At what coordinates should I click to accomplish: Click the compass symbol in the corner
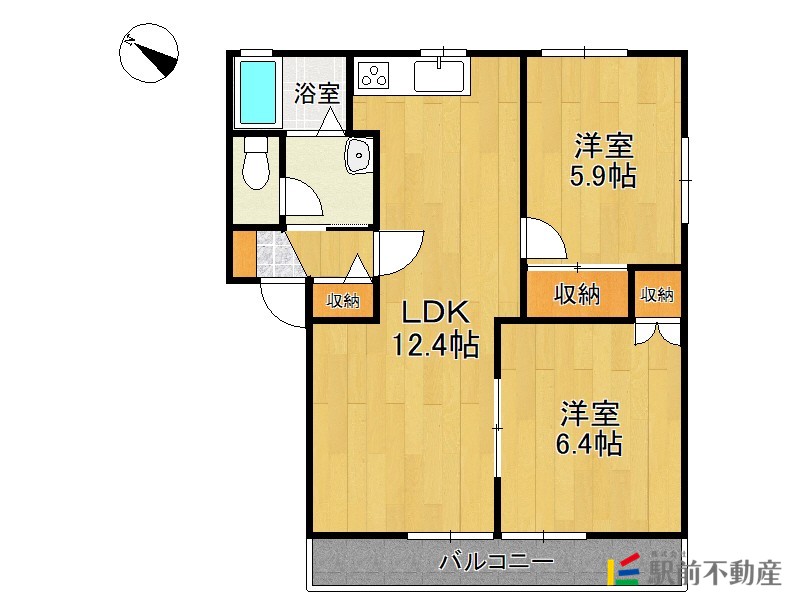(x=149, y=52)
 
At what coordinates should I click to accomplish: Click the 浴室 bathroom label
(x=317, y=95)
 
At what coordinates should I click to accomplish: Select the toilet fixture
(x=257, y=163)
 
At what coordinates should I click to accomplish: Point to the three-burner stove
(x=376, y=76)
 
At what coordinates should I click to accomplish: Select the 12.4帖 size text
(x=434, y=346)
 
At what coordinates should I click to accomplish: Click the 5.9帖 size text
(x=602, y=177)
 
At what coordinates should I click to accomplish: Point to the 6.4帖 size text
(x=589, y=443)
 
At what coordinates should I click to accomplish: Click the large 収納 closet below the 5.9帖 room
(x=577, y=294)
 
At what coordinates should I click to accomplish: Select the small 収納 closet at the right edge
(x=657, y=294)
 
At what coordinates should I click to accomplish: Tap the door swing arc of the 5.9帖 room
(x=546, y=240)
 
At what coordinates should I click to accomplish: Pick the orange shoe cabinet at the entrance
(x=243, y=255)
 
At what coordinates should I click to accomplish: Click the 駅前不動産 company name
(x=714, y=573)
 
